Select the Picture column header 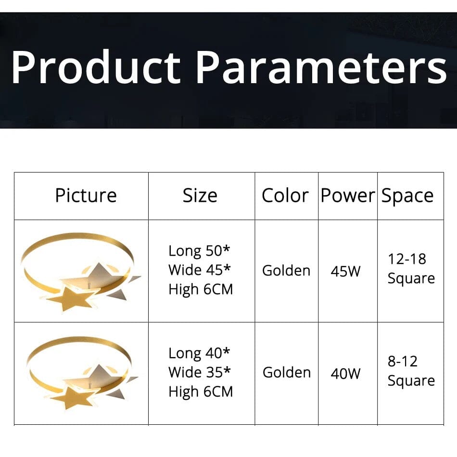pyautogui.click(x=86, y=196)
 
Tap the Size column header pyautogui.click(x=200, y=196)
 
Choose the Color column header pyautogui.click(x=285, y=196)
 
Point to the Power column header pyautogui.click(x=347, y=196)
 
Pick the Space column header pyautogui.click(x=407, y=196)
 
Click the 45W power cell pyautogui.click(x=345, y=272)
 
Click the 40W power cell pyautogui.click(x=345, y=373)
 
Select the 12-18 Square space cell pyautogui.click(x=411, y=269)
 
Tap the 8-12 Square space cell pyautogui.click(x=411, y=371)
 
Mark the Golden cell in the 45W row pyautogui.click(x=286, y=271)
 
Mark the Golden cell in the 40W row pyautogui.click(x=286, y=372)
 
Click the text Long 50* pyautogui.click(x=199, y=251)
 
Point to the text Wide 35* pyautogui.click(x=199, y=372)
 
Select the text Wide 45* pyautogui.click(x=199, y=270)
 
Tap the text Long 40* pyautogui.click(x=199, y=353)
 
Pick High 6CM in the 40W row pyautogui.click(x=201, y=392)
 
